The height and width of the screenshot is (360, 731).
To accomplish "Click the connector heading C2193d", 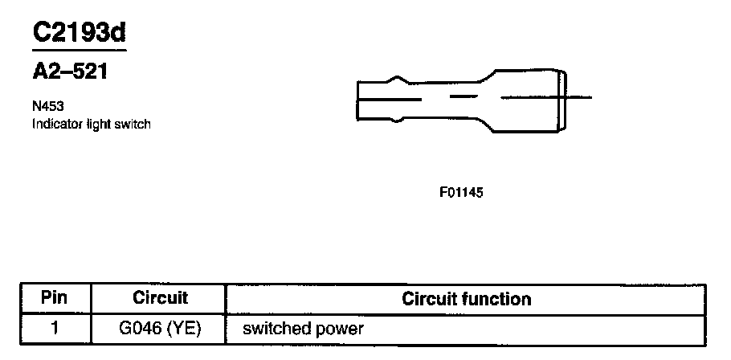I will click(80, 33).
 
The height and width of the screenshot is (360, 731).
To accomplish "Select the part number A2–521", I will click(70, 72).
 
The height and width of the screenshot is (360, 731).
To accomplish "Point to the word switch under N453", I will click(133, 125).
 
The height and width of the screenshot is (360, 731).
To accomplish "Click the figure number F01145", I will click(461, 193).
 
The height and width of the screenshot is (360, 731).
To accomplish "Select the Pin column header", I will click(55, 299).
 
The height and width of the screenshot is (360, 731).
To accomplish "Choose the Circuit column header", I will click(160, 299).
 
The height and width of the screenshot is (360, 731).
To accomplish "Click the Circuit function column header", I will click(466, 299).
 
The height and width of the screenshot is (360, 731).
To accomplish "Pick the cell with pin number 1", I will click(55, 328).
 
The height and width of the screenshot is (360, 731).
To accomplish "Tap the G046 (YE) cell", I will click(160, 328).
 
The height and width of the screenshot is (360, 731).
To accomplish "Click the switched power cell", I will click(303, 328).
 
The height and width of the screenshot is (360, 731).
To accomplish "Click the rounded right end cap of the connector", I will click(566, 98).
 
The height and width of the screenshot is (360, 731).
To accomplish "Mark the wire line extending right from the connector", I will click(581, 98).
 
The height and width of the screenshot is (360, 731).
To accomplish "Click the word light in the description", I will click(98, 125).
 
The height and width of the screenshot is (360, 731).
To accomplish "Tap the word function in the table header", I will click(498, 299).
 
